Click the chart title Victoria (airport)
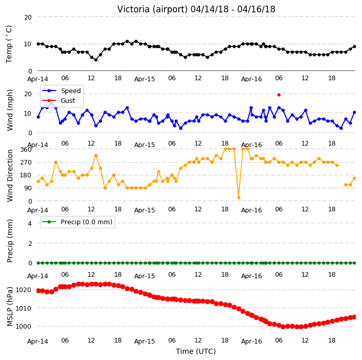(152, 9)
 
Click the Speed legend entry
(61, 91)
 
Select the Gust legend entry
(59, 100)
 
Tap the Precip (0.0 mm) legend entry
(77, 222)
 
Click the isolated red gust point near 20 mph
(279, 95)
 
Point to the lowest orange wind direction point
(239, 197)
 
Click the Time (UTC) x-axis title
(196, 351)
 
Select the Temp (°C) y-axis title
(9, 44)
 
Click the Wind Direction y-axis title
(10, 176)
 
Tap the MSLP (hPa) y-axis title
(10, 307)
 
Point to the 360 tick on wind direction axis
(26, 150)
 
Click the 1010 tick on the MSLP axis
(23, 308)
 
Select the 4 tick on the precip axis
(30, 223)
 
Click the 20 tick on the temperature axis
(28, 17)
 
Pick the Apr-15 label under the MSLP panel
(144, 341)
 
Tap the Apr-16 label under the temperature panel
(251, 79)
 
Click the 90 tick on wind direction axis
(28, 188)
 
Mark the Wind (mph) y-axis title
(10, 110)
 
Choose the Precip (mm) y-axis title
(10, 241)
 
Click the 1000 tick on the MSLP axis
(23, 326)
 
